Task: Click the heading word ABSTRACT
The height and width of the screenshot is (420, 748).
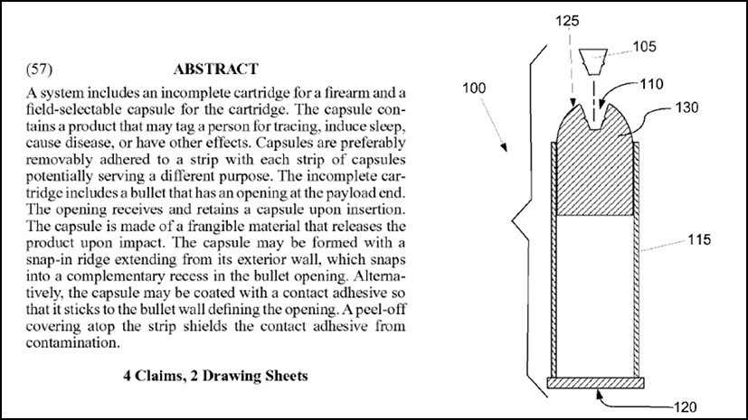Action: (215, 69)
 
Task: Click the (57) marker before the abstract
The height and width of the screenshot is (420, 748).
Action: (39, 69)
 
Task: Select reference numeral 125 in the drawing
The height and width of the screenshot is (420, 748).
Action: (567, 21)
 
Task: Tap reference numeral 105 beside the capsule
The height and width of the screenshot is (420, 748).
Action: (645, 47)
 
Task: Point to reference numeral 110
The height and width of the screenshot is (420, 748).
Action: (651, 84)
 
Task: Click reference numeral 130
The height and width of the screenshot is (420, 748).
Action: (686, 107)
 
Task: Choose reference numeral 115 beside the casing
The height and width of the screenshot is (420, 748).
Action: (699, 239)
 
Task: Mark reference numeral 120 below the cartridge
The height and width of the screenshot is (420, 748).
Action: (685, 407)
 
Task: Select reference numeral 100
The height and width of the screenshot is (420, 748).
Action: (474, 89)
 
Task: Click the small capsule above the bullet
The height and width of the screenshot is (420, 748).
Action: (592, 61)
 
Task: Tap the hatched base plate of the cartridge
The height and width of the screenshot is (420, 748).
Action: (595, 383)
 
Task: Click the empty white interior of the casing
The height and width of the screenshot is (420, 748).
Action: (595, 295)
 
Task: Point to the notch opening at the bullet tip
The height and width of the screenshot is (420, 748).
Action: (594, 117)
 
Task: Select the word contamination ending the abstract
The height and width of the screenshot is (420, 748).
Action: (72, 343)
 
